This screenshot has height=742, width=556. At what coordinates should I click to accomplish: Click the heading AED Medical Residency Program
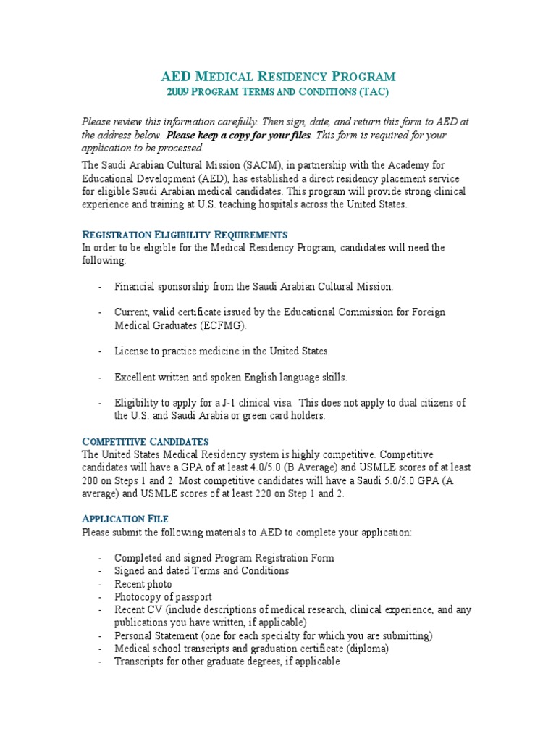click(277, 76)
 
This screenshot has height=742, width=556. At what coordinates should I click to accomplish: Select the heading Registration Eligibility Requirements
click(185, 235)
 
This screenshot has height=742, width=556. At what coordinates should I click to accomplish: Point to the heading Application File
click(125, 519)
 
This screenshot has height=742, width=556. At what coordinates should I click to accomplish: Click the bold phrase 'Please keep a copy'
click(210, 135)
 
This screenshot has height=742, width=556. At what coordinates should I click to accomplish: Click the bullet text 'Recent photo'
click(143, 584)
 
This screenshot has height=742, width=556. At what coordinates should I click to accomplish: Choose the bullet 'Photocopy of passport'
click(163, 597)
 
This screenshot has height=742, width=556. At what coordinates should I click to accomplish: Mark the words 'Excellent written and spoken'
click(179, 377)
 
